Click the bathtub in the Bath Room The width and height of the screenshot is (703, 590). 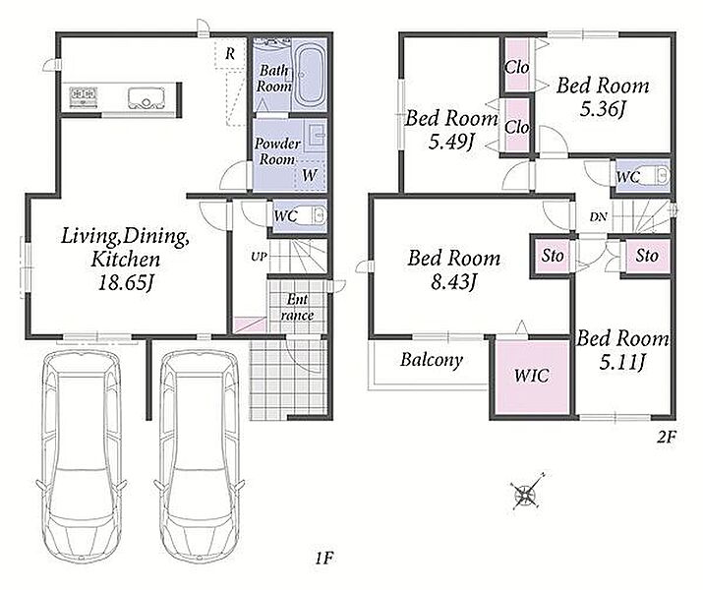click(311, 75)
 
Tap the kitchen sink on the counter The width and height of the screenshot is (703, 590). click(146, 97)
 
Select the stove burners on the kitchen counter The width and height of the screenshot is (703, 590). click(84, 96)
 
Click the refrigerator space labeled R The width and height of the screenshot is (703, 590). click(230, 54)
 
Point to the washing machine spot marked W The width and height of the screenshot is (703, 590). click(310, 175)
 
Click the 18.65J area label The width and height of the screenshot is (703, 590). click(126, 282)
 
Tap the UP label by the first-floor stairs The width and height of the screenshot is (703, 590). click(260, 257)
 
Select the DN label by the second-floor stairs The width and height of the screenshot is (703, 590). click(598, 217)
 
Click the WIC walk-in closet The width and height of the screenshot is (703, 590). click(532, 377)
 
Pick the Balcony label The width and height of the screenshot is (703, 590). click(432, 360)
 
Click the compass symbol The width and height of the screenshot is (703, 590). click(526, 493)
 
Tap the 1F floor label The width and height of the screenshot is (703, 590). click(323, 559)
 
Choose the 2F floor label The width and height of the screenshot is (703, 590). click(667, 437)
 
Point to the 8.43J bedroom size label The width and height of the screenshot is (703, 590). click(453, 282)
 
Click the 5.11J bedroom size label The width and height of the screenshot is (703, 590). click(621, 362)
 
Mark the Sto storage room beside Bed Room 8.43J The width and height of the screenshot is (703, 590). click(552, 256)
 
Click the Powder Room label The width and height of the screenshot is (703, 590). click(277, 151)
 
